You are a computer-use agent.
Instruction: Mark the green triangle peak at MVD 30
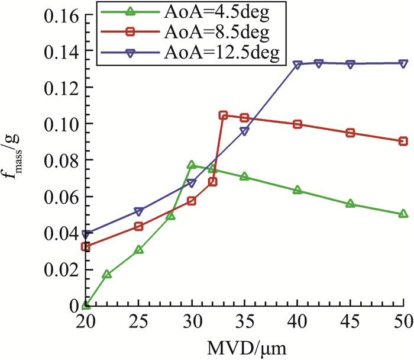pyautogui.click(x=192, y=165)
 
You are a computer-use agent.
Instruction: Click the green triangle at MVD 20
pyautogui.click(x=86, y=305)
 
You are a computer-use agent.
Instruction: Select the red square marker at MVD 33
pyautogui.click(x=223, y=115)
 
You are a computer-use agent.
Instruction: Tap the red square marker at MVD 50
pyautogui.click(x=403, y=141)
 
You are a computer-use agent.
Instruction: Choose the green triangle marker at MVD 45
pyautogui.click(x=351, y=204)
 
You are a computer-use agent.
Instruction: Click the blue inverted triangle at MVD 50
pyautogui.click(x=403, y=63)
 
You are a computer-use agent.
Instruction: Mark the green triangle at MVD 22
pyautogui.click(x=106, y=274)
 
